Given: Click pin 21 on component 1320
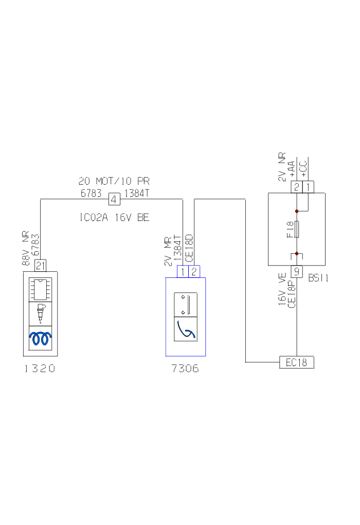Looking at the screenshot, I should tap(41, 266).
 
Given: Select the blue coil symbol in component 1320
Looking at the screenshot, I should tap(41, 338).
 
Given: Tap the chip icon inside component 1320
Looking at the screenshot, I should tap(41, 289).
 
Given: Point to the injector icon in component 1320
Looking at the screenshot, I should tap(41, 313).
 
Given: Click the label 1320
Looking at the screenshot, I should tap(40, 369).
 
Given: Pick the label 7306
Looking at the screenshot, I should tap(185, 369).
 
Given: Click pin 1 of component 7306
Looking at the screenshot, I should tap(183, 272).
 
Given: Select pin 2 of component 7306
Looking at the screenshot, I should tap(194, 272).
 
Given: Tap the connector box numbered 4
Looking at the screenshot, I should tap(114, 199).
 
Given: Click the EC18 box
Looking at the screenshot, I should tap(296, 362).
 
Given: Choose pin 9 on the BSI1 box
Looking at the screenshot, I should tap(296, 271).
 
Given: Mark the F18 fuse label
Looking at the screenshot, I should tap(290, 229).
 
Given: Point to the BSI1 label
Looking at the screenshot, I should tap(318, 278).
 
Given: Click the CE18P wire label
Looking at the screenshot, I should tap(292, 294).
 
